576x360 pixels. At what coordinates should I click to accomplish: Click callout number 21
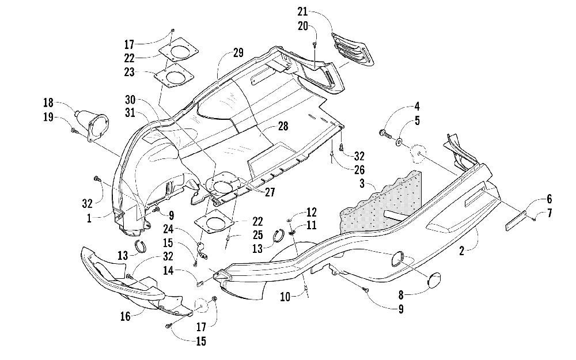(302, 12)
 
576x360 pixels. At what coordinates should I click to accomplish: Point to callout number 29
(238, 53)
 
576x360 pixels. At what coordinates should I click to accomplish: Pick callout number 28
(283, 126)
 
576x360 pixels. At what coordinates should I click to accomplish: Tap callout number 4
(416, 107)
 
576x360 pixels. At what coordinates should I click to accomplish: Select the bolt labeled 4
(384, 132)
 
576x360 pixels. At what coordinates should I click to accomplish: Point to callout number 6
(549, 199)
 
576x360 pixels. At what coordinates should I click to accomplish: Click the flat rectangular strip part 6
(517, 220)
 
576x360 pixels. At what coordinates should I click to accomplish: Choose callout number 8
(401, 295)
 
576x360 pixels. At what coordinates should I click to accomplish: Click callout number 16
(125, 316)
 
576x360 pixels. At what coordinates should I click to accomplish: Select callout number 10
(285, 297)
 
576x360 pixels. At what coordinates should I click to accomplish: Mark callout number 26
(359, 169)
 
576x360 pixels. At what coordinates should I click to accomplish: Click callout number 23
(129, 72)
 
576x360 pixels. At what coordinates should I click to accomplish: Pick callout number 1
(89, 218)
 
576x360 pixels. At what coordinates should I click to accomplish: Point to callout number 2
(462, 251)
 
